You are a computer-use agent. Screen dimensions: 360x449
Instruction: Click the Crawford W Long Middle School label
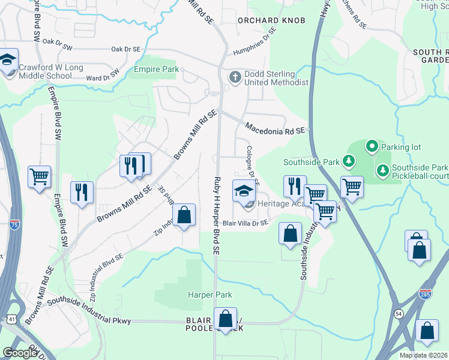pyautogui.click(x=50, y=71)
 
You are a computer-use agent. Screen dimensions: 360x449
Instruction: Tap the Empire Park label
pyautogui.click(x=156, y=70)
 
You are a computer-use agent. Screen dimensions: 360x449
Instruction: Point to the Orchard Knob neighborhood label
pyautogui.click(x=271, y=20)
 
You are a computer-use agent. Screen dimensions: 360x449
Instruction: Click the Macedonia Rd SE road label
pyautogui.click(x=276, y=128)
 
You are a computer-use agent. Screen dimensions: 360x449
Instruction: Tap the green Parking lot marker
pyautogui.click(x=372, y=146)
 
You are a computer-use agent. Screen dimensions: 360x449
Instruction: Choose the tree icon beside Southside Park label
pyautogui.click(x=348, y=161)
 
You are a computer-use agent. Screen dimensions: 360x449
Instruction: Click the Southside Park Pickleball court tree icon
pyautogui.click(x=383, y=172)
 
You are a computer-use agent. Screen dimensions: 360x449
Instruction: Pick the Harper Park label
pyautogui.click(x=209, y=295)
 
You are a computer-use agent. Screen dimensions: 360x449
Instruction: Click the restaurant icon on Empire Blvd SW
pyautogui.click(x=82, y=193)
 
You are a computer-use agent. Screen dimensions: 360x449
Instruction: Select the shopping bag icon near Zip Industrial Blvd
pyautogui.click(x=184, y=215)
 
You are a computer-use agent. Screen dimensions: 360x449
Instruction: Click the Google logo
pyautogui.click(x=20, y=353)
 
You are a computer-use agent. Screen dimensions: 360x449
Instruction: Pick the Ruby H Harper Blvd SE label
pyautogui.click(x=217, y=206)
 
